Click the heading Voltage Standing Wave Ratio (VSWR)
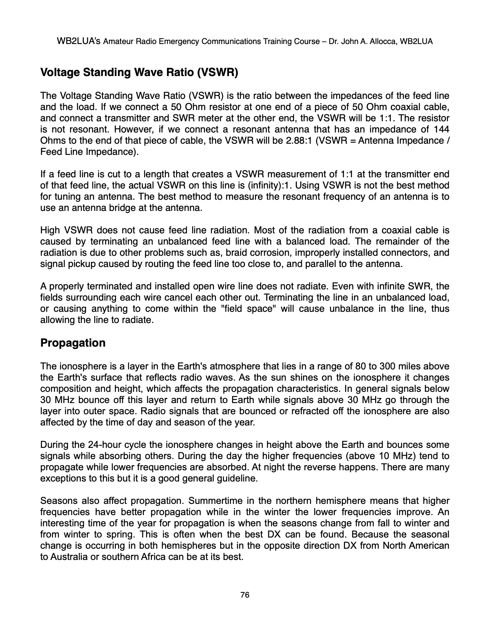coord(139,73)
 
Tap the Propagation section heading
coord(73,343)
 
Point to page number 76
coord(245,595)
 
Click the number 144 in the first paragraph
coord(441,130)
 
